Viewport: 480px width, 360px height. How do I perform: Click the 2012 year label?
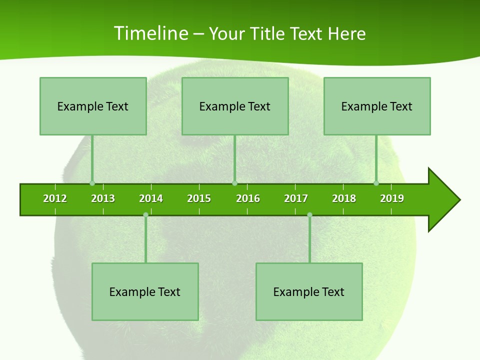coord(55,198)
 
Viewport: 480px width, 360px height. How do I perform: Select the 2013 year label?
coord(103,198)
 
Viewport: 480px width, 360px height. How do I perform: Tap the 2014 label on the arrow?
coord(151,198)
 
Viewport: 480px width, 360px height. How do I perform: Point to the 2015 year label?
coord(199,198)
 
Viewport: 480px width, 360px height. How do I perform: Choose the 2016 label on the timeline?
coord(248,198)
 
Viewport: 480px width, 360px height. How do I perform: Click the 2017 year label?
coord(296,198)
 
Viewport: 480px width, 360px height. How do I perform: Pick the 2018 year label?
coord(344,198)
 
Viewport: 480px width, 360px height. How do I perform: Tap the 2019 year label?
coord(392,198)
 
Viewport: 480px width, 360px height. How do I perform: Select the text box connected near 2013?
coord(93,106)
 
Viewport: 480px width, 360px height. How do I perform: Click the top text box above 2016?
coord(235,106)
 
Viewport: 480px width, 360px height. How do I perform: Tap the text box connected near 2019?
coord(377,106)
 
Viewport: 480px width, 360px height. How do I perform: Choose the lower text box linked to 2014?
coord(145,291)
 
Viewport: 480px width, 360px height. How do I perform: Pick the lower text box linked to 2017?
coord(309,291)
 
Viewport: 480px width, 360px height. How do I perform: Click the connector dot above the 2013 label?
coord(92,183)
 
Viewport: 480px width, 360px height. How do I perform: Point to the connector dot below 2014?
coord(145,214)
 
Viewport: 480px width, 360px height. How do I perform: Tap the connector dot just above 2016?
coord(234,183)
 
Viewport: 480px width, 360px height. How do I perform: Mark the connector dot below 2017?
coord(309,214)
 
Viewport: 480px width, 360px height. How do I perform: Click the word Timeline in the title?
coord(151,33)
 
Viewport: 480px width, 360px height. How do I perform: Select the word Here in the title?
coord(347,33)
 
